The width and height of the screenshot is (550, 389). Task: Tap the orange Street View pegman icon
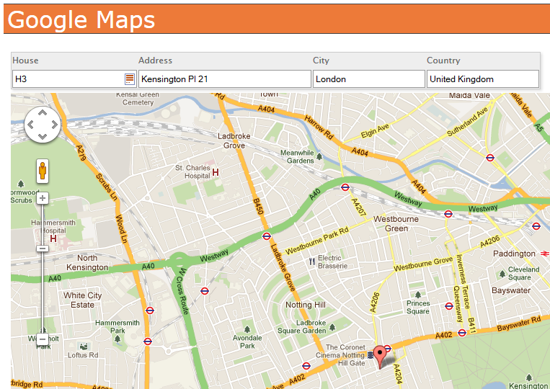coord(43,171)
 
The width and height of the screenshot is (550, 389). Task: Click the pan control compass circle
coord(43,125)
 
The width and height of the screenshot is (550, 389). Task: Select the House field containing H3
coord(68,79)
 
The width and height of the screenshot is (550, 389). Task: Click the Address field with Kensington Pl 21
coord(224,79)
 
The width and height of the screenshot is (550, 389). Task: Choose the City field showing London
coord(368,79)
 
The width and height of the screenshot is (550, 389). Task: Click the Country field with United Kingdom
coord(482,79)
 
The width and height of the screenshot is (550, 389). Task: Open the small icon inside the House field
coord(130,79)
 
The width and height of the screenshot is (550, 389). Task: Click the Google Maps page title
coord(81,19)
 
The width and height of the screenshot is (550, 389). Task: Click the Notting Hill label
coord(306,305)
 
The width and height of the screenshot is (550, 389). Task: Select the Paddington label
coord(514,254)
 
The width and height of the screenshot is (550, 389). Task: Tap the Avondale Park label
coord(247,341)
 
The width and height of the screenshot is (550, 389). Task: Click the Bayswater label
coord(511,290)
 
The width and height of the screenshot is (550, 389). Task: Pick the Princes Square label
coord(418,308)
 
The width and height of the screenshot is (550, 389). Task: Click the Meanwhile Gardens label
coord(297,156)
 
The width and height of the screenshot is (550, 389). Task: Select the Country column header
coord(443,61)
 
